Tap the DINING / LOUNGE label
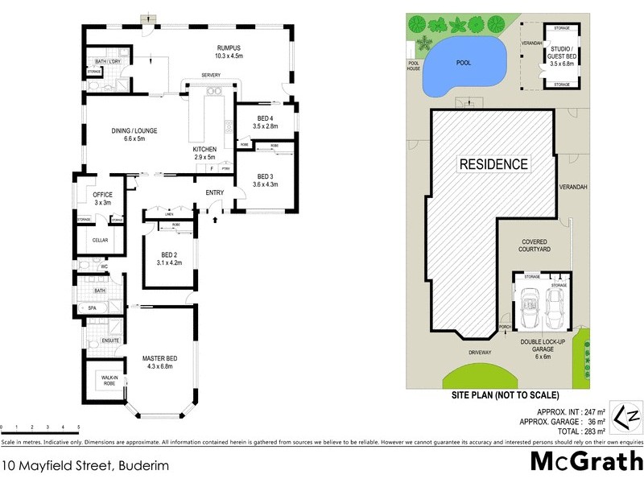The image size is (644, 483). pos(134,130)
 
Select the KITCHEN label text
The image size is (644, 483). pos(204,151)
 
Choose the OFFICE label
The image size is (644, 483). pos(102,195)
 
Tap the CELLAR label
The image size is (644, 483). pos(101,240)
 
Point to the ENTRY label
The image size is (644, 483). pos(215,192)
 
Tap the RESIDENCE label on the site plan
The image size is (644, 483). pos(493,164)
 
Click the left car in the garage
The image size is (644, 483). pos(530,307)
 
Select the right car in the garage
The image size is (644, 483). pos(558,306)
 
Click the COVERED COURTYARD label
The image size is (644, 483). pos(535,246)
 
